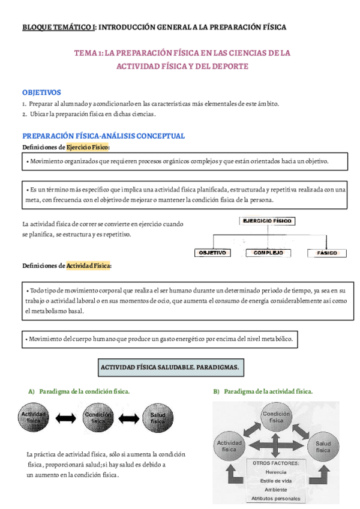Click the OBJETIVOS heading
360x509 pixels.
pos(41,92)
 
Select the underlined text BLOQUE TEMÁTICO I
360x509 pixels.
pos(59,27)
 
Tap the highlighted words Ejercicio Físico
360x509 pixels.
pos(88,147)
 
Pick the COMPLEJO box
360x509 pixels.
pos(268,253)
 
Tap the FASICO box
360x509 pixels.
pos(327,253)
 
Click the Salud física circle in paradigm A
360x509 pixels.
pos(157,418)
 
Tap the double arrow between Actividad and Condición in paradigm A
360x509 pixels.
pos(67,418)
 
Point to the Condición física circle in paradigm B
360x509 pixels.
pos(277,417)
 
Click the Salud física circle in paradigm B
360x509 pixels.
pos(323,445)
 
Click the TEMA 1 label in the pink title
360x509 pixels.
pos(88,53)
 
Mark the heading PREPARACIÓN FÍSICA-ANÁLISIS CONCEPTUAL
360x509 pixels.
pos(103,136)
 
